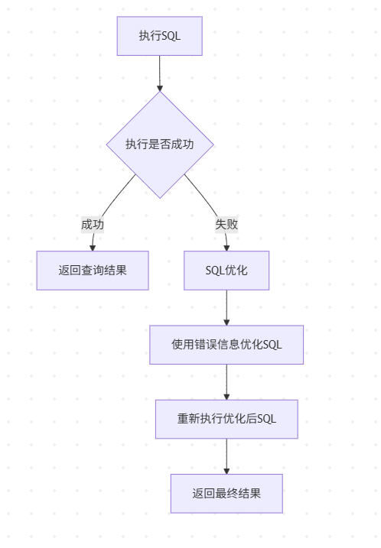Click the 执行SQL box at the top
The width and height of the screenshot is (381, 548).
[x=159, y=36]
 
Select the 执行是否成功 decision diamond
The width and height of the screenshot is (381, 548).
[x=159, y=144]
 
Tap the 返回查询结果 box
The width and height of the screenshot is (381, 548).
[x=93, y=271]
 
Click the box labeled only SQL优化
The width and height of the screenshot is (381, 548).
[x=226, y=271]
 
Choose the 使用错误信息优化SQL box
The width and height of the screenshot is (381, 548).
[x=226, y=345]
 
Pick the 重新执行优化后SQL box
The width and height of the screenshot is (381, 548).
[x=226, y=419]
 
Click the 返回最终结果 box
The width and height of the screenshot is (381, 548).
[x=226, y=493]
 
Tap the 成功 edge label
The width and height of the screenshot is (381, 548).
[x=93, y=225]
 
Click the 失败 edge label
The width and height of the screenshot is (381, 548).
[x=226, y=225]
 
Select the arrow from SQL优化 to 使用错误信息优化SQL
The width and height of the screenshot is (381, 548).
[x=226, y=307]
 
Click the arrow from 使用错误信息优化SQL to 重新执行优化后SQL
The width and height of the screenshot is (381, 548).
[x=226, y=381]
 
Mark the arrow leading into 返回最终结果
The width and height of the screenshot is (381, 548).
[x=226, y=456]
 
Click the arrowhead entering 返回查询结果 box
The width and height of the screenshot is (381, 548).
[x=93, y=247]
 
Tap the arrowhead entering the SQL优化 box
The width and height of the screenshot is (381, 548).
[x=226, y=247]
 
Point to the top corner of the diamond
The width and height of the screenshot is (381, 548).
[x=159, y=93]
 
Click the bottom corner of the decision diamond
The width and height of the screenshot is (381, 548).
[x=159, y=197]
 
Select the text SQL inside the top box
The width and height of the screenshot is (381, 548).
[x=171, y=36]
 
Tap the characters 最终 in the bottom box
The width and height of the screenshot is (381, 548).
[x=226, y=493]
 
